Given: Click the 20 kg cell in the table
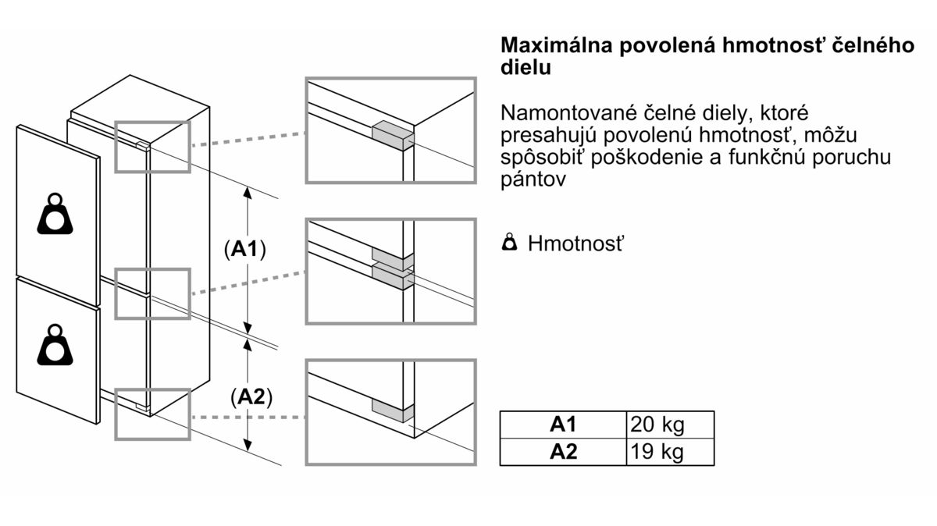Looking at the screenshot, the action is click(x=670, y=425).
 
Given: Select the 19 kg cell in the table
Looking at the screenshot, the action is click(x=670, y=452).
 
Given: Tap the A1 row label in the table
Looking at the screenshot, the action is click(x=564, y=425).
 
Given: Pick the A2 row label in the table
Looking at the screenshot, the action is click(x=564, y=452).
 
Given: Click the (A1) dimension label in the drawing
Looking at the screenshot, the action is click(x=244, y=249).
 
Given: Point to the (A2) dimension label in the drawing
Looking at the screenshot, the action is click(x=251, y=396).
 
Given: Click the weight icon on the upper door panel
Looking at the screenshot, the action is click(x=55, y=214).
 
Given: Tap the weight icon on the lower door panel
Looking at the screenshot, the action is click(x=55, y=345).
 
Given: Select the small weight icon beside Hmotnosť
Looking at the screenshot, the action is click(x=509, y=242).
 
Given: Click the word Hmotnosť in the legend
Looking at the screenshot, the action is click(x=575, y=243).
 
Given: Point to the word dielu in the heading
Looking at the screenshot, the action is click(x=526, y=68).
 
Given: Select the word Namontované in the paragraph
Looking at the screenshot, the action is click(x=568, y=113).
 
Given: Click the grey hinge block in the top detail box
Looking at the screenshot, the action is click(x=393, y=135).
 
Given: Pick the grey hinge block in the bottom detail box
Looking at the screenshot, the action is click(x=393, y=410).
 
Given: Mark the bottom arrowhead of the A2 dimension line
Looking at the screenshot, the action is click(x=248, y=446).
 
